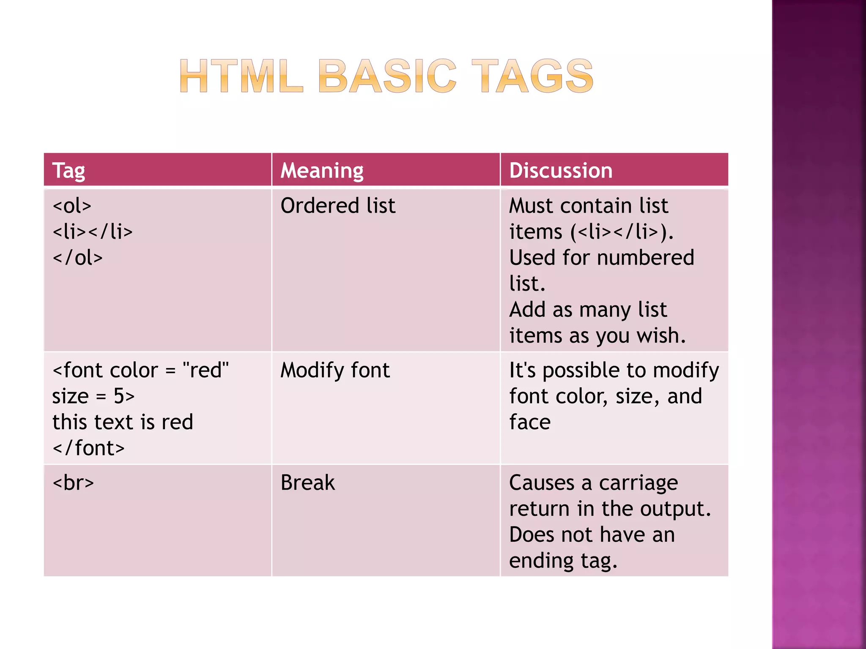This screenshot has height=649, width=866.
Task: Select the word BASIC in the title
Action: pyautogui.click(x=387, y=76)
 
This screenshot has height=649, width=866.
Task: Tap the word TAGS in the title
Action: pyautogui.click(x=532, y=76)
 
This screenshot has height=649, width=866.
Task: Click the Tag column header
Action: pyautogui.click(x=69, y=171)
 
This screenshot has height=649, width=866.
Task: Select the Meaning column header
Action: pyautogui.click(x=322, y=171)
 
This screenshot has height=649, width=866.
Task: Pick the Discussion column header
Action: pyautogui.click(x=561, y=171)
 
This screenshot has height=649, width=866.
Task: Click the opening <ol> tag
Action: pyautogui.click(x=72, y=206)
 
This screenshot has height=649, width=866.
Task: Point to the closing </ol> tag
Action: pyautogui.click(x=78, y=258)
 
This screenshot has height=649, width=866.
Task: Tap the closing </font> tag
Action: pyautogui.click(x=89, y=448)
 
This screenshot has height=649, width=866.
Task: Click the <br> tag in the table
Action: pyautogui.click(x=73, y=483)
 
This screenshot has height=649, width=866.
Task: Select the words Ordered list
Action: pyautogui.click(x=338, y=206)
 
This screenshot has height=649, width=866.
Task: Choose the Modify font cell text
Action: pyautogui.click(x=335, y=371)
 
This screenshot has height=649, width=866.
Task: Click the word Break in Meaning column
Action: pyautogui.click(x=307, y=483)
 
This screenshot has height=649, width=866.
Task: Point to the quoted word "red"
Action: pyautogui.click(x=206, y=371)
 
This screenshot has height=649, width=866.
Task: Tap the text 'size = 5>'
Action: pyautogui.click(x=93, y=396)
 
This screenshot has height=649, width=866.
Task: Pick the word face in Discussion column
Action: pyautogui.click(x=530, y=422)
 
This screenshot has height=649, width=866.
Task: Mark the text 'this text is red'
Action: pyautogui.click(x=123, y=422)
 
